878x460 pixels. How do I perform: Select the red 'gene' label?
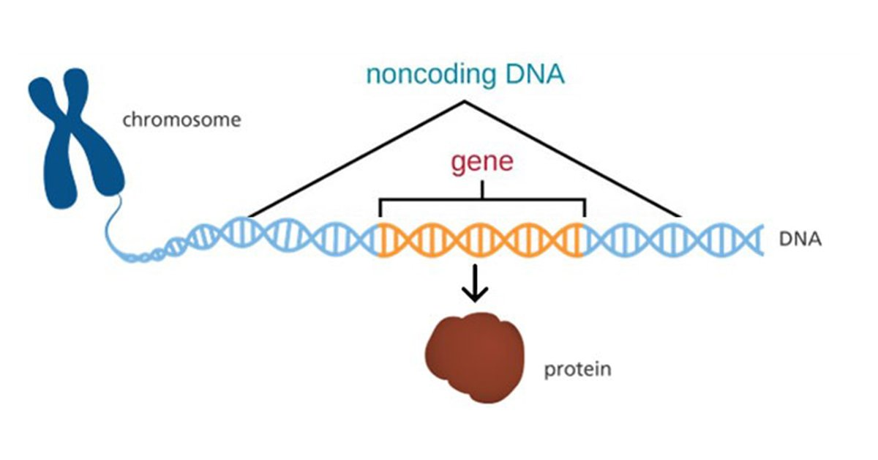tap(481, 162)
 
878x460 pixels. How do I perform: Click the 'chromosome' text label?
tap(181, 119)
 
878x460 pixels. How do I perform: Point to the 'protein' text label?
tap(577, 369)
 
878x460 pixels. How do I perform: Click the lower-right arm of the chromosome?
tap(107, 176)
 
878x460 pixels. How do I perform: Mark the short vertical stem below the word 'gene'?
tap(481, 189)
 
